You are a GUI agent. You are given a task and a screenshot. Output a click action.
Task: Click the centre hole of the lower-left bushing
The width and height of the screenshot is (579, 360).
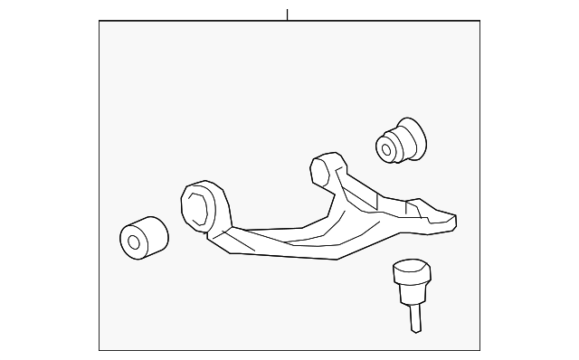tap(134, 242)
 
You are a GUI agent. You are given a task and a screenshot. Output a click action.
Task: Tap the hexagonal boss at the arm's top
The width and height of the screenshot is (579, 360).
tap(319, 169)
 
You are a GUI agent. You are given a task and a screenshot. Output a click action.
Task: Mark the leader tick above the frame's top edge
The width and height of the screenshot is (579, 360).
tap(287, 14)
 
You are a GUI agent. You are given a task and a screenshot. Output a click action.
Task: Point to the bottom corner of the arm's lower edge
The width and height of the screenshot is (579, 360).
tap(337, 259)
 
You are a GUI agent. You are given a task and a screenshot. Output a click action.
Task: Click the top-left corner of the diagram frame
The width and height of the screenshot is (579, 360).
tap(99, 21)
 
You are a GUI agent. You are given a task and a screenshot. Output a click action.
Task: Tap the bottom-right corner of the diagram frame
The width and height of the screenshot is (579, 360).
tap(480, 351)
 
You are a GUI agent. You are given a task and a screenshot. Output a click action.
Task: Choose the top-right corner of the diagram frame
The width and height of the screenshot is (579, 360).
tap(480, 21)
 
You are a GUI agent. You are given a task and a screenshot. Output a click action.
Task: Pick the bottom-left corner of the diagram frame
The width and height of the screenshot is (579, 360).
tap(99, 351)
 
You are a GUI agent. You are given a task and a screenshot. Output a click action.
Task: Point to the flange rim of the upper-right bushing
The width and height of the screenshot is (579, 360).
tap(415, 137)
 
